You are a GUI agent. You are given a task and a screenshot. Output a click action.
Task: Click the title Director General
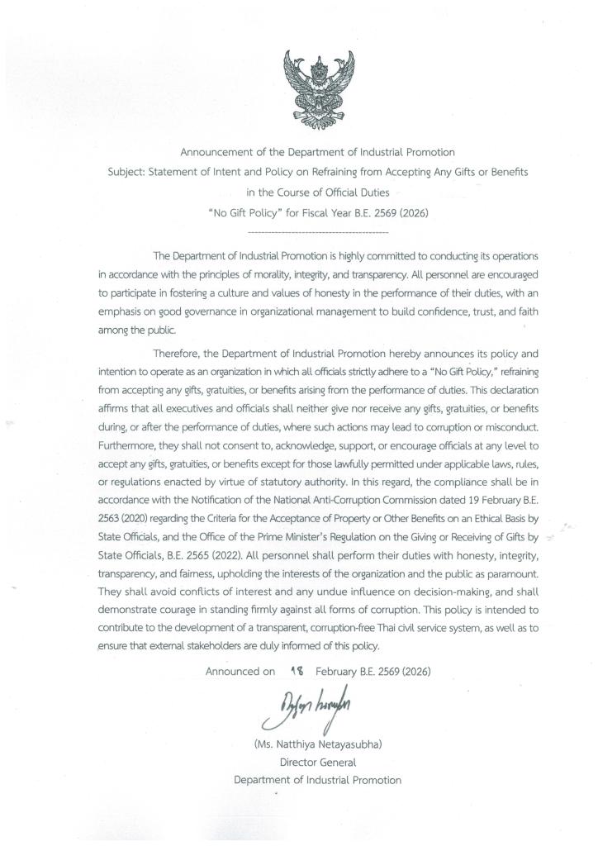point(318,762)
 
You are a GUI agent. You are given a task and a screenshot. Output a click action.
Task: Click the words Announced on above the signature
point(240,672)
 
